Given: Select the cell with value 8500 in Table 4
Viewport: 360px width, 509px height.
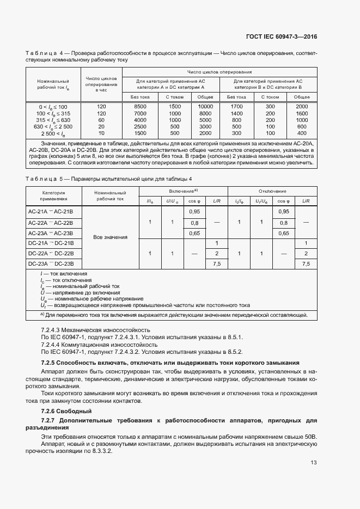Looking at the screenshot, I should click(x=140, y=106).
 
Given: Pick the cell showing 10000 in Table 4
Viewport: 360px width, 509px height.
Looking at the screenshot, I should click(x=205, y=106).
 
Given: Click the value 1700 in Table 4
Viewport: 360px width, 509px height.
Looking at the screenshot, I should click(x=237, y=106).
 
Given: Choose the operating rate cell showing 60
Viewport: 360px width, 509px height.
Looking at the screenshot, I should click(x=101, y=120).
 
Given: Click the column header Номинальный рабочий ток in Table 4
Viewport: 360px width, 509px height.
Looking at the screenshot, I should click(x=53, y=84).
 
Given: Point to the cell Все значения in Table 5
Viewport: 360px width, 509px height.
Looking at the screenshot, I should click(x=110, y=237).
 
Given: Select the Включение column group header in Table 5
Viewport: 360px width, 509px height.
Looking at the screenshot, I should click(x=182, y=192).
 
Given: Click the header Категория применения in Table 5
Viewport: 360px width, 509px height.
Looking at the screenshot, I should click(x=53, y=195).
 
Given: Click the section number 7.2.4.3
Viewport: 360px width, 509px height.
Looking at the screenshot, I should click(x=52, y=330).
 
